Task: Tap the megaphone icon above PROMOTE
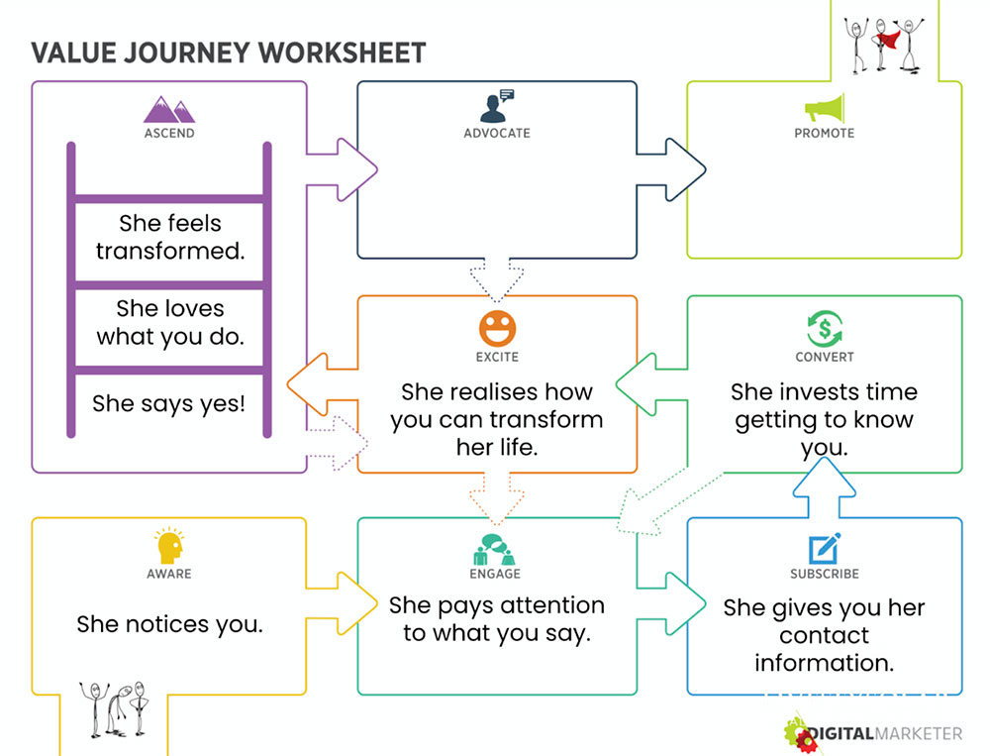[824, 109]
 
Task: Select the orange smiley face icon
[498, 329]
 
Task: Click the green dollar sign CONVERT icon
[824, 329]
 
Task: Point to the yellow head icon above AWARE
[169, 546]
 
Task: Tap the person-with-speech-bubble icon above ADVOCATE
[497, 106]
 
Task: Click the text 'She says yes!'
[168, 403]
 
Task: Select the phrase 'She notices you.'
[170, 624]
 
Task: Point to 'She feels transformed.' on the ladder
[170, 237]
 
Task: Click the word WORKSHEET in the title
[342, 53]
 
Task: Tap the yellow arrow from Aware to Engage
[342, 603]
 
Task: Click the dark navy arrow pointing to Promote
[670, 169]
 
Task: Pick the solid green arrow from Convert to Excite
[651, 384]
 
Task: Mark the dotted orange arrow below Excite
[497, 499]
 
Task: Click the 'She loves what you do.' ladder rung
[170, 322]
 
